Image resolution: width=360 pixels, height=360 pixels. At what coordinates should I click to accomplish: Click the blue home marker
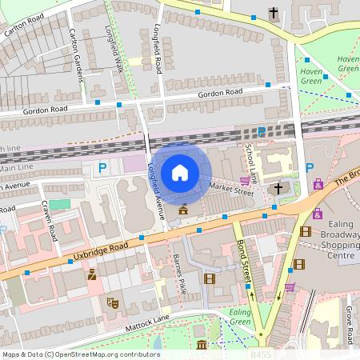(x=180, y=173)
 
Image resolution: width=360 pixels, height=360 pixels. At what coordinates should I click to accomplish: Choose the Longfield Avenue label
(x=156, y=192)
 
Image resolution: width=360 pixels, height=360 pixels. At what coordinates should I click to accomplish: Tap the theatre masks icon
(x=112, y=303)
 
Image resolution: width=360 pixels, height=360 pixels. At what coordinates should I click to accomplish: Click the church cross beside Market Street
(x=278, y=188)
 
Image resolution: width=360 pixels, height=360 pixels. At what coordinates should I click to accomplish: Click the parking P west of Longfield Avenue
(x=102, y=168)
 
